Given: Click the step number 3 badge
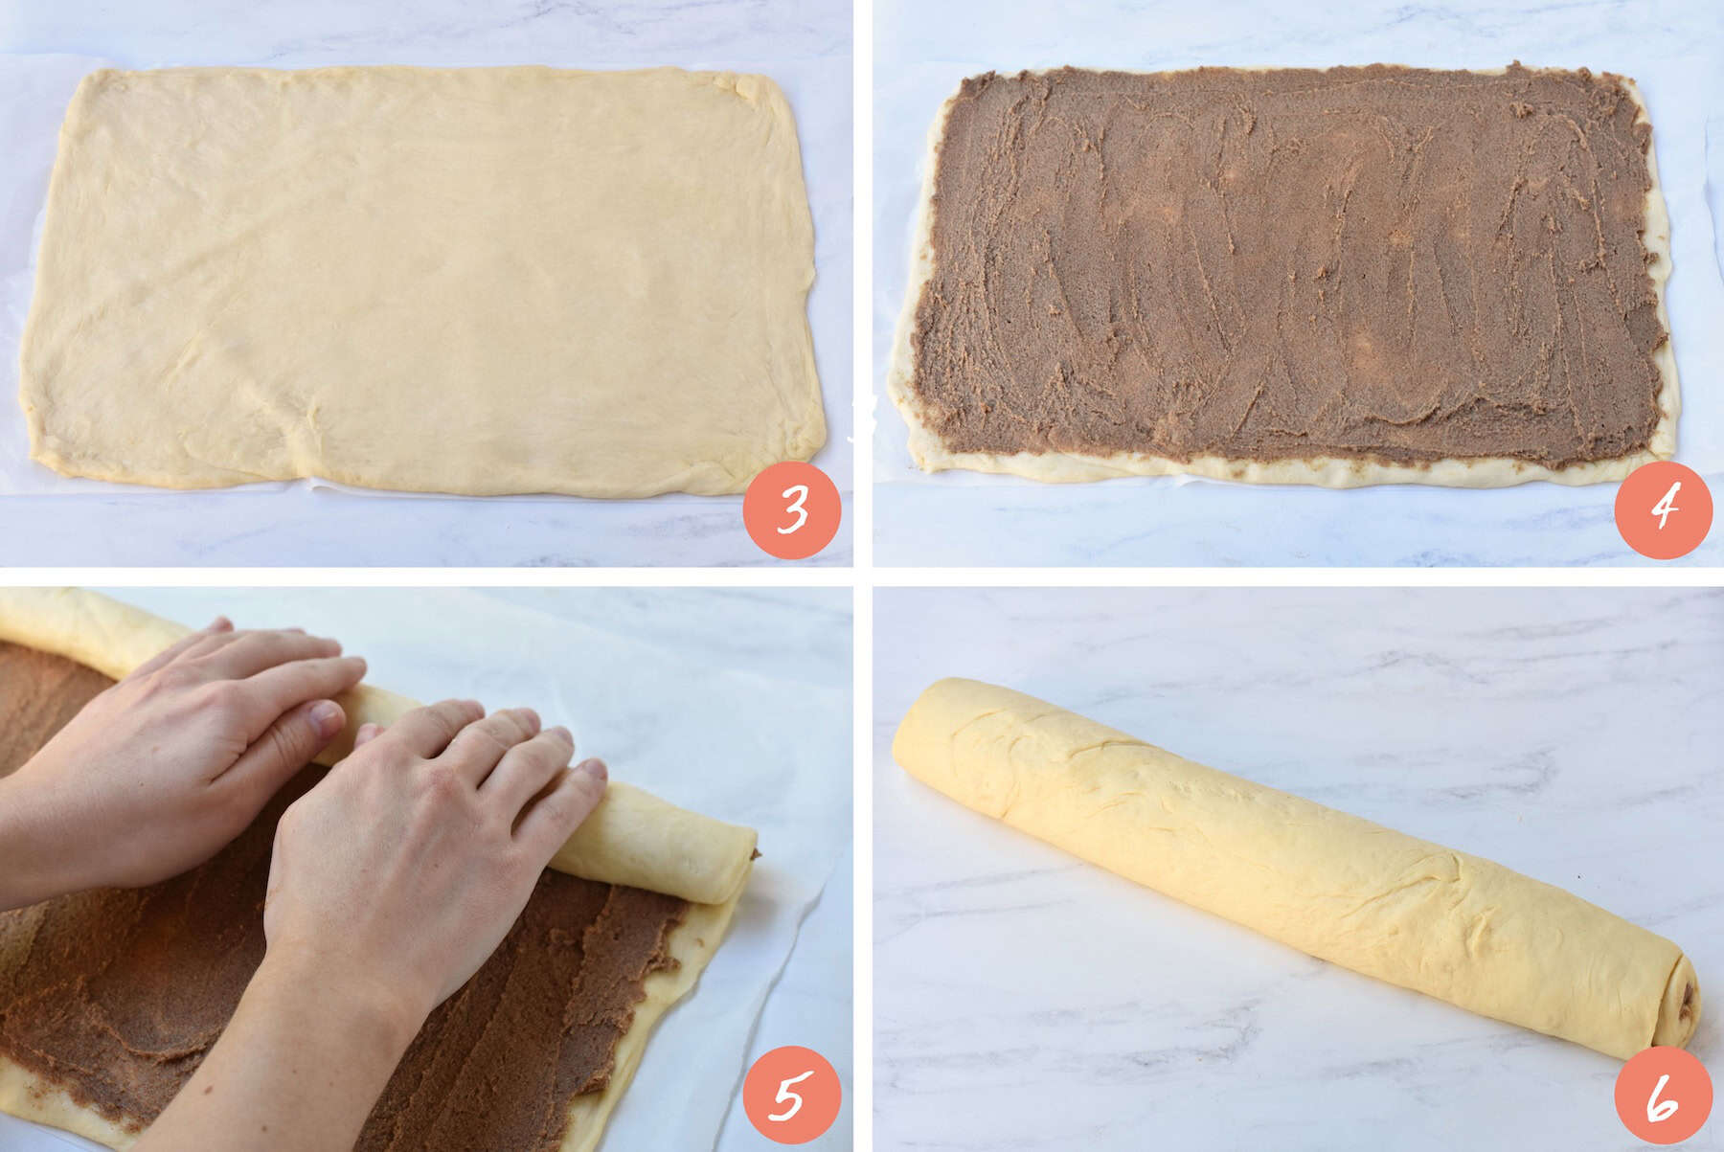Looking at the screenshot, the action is click(x=791, y=510).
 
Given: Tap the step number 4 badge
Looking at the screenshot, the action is click(x=1664, y=510).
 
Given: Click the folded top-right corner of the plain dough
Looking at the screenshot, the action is click(x=757, y=91).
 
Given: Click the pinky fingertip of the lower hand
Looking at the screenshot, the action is click(x=592, y=772).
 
